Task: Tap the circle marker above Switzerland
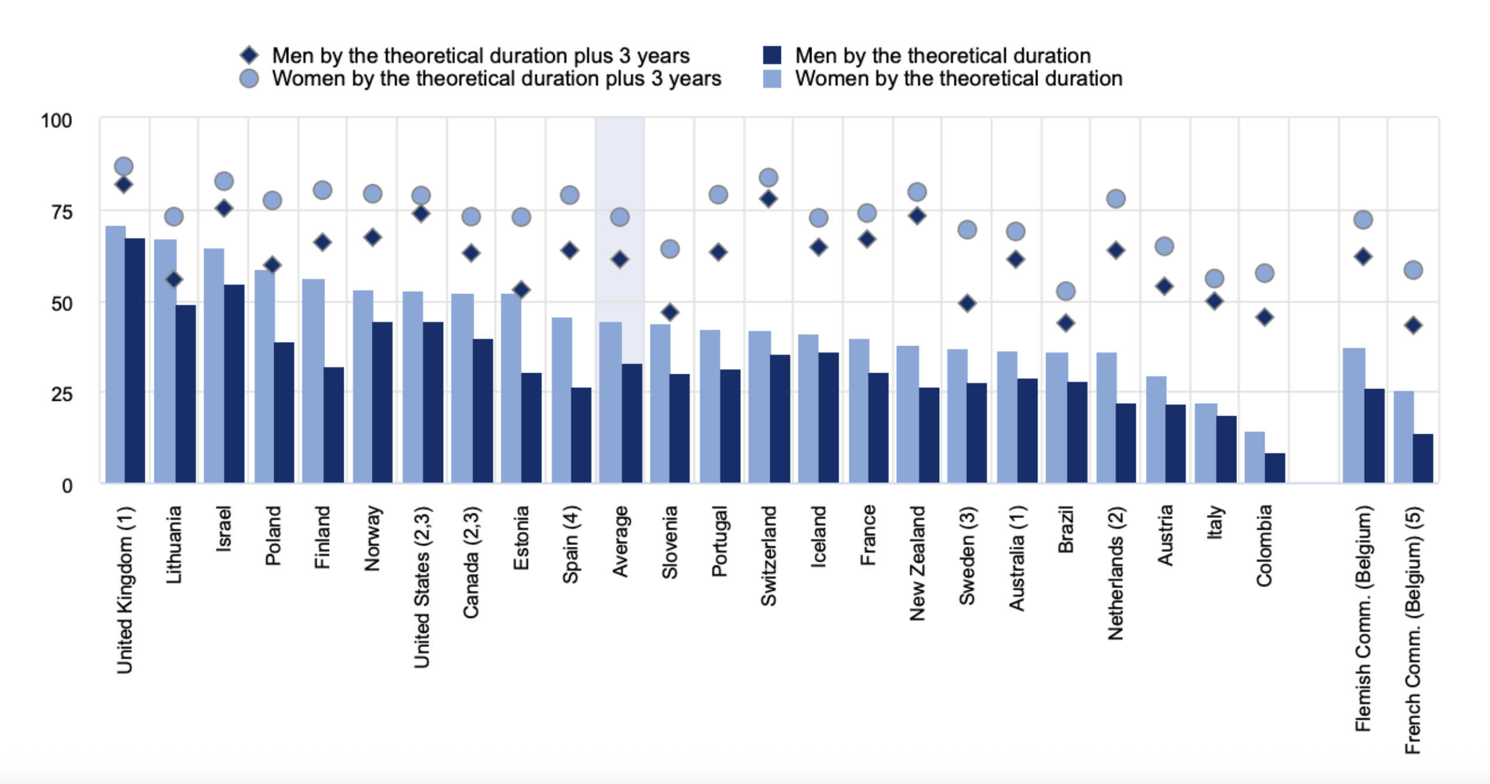click(768, 177)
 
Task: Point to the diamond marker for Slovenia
click(670, 312)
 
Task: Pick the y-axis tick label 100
click(56, 121)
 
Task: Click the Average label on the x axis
click(620, 542)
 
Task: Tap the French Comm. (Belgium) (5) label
click(1413, 630)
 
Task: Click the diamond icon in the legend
click(250, 55)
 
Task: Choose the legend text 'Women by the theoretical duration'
click(959, 78)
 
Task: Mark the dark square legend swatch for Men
click(771, 55)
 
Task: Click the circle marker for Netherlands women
click(1116, 198)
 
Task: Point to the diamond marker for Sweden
click(967, 304)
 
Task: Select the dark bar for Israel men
click(234, 384)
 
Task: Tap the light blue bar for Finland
click(313, 381)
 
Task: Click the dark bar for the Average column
click(632, 423)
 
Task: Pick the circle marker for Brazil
click(1066, 291)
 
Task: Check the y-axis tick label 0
click(67, 486)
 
